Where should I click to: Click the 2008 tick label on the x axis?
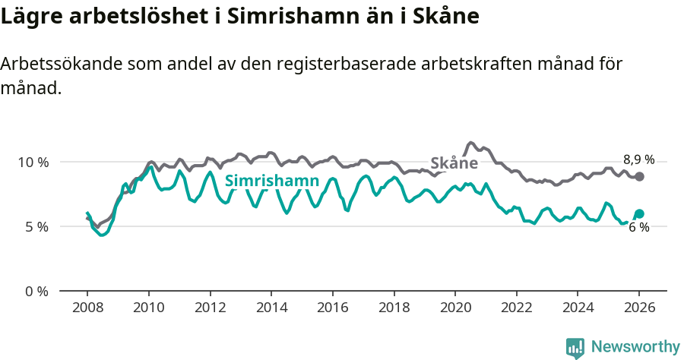pos(87,309)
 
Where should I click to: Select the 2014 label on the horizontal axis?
pos(271,309)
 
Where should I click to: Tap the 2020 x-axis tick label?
pos(455,309)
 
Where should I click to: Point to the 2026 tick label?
pos(639,309)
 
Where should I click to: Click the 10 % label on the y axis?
pos(33,163)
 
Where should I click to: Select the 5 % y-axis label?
pos(36,226)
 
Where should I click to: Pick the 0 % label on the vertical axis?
pos(36,291)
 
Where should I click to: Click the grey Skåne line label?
pos(454,163)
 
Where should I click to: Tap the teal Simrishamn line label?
pos(271,181)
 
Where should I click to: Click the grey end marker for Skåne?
pos(640,176)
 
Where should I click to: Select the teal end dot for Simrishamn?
pos(640,213)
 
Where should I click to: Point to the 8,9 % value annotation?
pos(638,159)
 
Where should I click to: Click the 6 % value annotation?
pos(638,228)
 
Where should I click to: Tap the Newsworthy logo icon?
pos(575,347)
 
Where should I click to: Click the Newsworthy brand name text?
pos(635,347)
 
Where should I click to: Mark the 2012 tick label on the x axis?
pos(210,309)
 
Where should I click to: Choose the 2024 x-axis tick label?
pos(578,309)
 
